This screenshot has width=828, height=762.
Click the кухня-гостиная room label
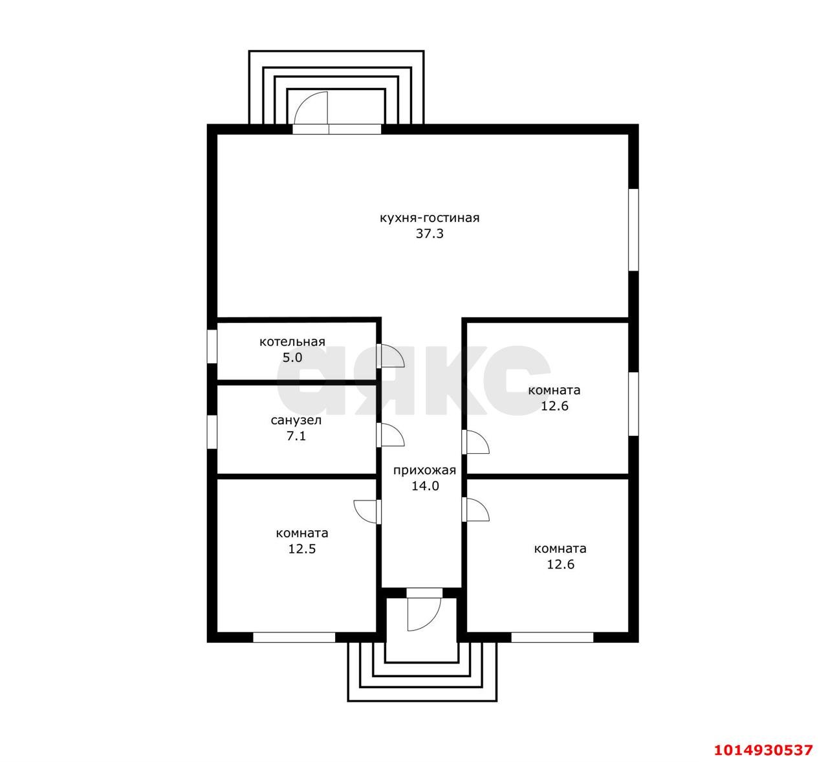pos(430,218)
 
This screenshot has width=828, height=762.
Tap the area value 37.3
pos(430,234)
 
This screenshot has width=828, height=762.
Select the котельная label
pos(292,342)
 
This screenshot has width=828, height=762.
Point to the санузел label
pos(296,420)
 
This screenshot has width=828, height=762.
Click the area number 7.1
pos(296,436)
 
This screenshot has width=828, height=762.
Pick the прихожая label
pos(424,470)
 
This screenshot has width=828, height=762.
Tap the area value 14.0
pos(425,486)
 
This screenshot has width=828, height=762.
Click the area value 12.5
pos(301,549)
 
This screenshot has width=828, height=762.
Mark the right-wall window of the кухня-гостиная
pos(633,230)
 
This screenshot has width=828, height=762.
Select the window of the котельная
pos(212,346)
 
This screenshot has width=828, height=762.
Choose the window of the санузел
pos(212,432)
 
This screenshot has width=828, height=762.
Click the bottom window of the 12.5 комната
pos(294,637)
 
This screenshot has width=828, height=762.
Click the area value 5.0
pos(292,357)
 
